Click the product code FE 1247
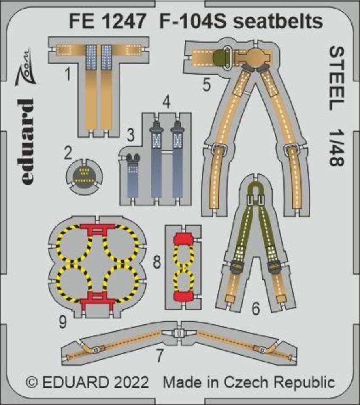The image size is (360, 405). click(x=107, y=21)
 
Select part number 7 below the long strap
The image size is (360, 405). click(x=160, y=355)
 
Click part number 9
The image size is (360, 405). click(x=63, y=322)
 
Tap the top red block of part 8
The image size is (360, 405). click(x=183, y=239)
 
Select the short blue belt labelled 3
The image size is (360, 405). click(x=133, y=176)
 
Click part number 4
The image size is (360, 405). click(x=167, y=102)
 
